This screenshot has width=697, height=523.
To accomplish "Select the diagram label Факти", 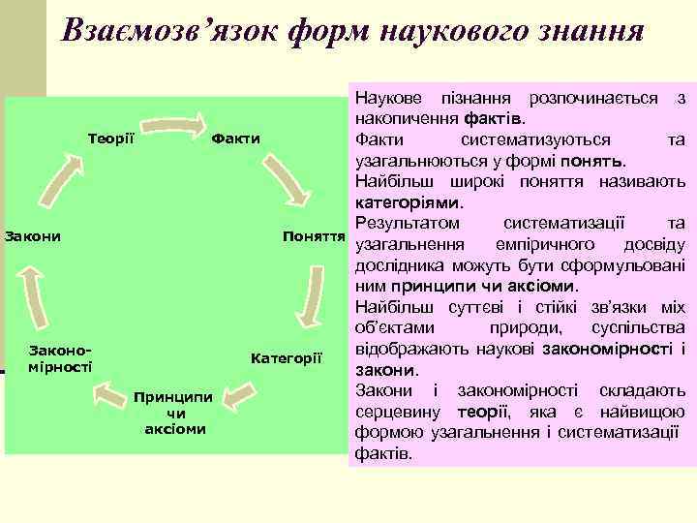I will point(236,138).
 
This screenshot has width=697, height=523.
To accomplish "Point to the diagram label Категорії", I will point(286,358).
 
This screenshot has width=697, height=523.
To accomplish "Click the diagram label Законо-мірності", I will point(61,358).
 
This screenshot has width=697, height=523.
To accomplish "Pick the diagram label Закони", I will point(33,236).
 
